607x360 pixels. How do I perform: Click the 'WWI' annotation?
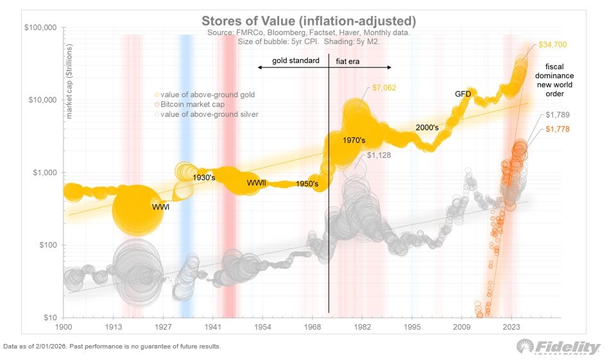pyautogui.click(x=160, y=207)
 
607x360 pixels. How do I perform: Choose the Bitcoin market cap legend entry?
pyautogui.click(x=194, y=104)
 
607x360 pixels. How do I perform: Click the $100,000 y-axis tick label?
pyautogui.click(x=39, y=28)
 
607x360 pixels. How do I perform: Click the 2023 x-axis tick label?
pyautogui.click(x=511, y=327)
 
